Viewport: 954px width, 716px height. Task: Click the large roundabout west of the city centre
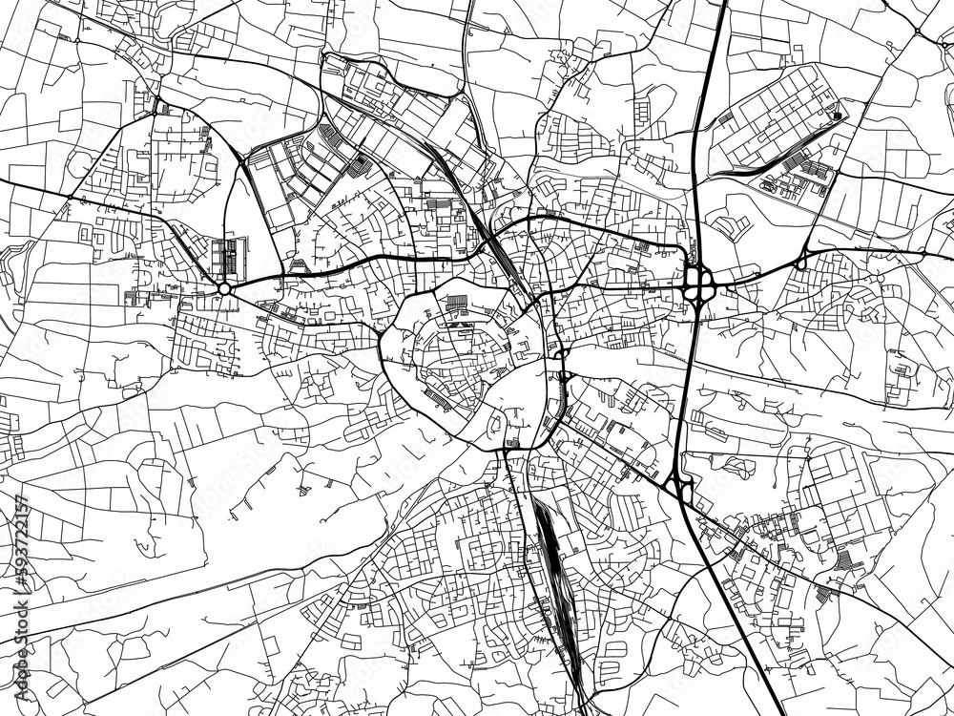(x=224, y=287)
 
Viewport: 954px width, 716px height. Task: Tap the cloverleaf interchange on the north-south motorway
(x=698, y=282)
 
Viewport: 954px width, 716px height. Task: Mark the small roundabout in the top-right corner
(x=918, y=32)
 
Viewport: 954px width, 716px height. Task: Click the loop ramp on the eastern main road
(x=801, y=260)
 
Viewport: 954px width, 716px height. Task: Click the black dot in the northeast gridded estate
(x=837, y=116)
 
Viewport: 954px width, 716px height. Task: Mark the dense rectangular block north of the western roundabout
(x=228, y=257)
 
